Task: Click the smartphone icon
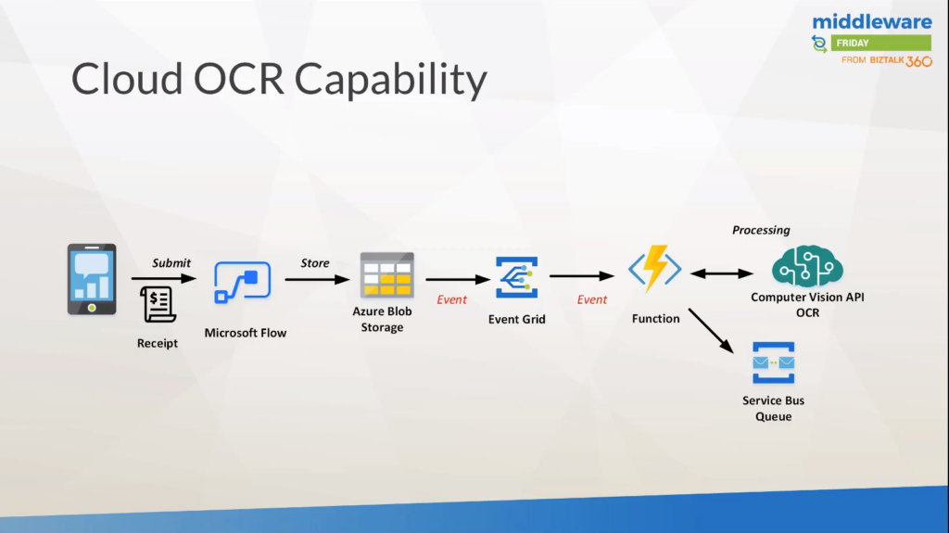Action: pos(92,279)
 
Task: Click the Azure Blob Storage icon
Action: pos(386,275)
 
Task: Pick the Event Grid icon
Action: pos(516,278)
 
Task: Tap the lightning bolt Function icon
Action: pos(655,270)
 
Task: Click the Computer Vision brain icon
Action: pos(807,266)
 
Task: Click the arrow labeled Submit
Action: pos(164,278)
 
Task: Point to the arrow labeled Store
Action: pos(316,278)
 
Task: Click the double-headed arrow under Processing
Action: pos(722,273)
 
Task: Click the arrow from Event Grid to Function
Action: pos(582,276)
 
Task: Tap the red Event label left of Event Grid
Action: pos(452,299)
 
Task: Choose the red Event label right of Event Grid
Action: pos(592,299)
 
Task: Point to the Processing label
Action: pos(761,230)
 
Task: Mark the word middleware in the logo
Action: pos(872,21)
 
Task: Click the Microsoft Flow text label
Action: pos(246,333)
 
